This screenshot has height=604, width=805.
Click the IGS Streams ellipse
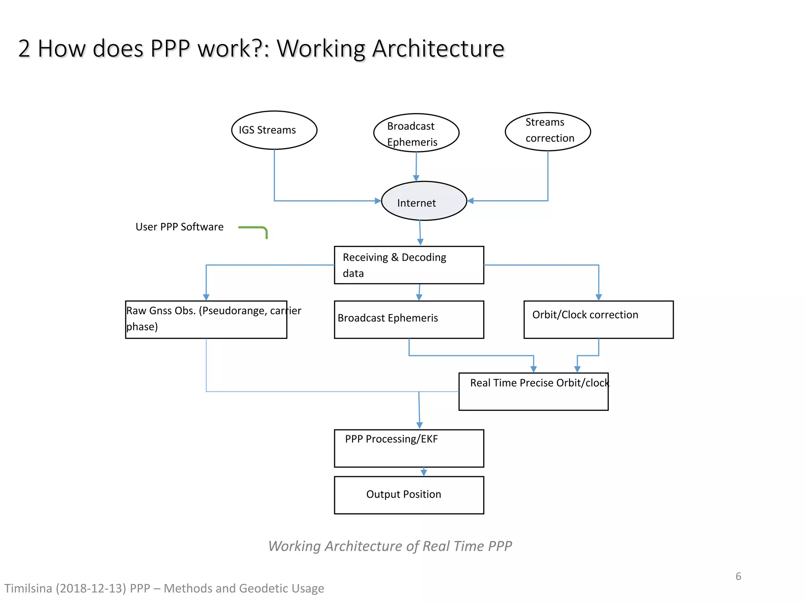[x=274, y=130]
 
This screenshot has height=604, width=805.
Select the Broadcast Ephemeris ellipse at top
[x=416, y=133]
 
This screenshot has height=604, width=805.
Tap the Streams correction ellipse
[x=548, y=131]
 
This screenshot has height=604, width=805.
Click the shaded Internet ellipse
[x=424, y=201]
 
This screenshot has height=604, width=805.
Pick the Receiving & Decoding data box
[x=409, y=265]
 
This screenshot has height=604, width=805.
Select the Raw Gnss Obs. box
[x=206, y=319]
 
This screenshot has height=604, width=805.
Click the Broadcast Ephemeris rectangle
[x=409, y=319]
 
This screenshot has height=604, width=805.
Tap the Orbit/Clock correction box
[x=598, y=319]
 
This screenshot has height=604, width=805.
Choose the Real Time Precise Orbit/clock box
[x=533, y=392]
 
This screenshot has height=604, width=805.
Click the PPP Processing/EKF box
[x=409, y=448]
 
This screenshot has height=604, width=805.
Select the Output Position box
[x=409, y=495]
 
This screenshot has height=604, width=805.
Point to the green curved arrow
[x=255, y=229]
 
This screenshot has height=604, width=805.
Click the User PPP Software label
[x=179, y=227]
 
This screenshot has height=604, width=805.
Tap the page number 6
[x=738, y=576]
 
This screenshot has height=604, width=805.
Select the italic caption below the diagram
[x=390, y=546]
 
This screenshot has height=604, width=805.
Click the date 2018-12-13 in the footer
[x=91, y=588]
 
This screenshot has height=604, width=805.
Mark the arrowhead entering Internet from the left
[x=378, y=201]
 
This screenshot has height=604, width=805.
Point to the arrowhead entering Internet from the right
[x=471, y=201]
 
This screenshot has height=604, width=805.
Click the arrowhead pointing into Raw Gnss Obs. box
[x=206, y=297]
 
